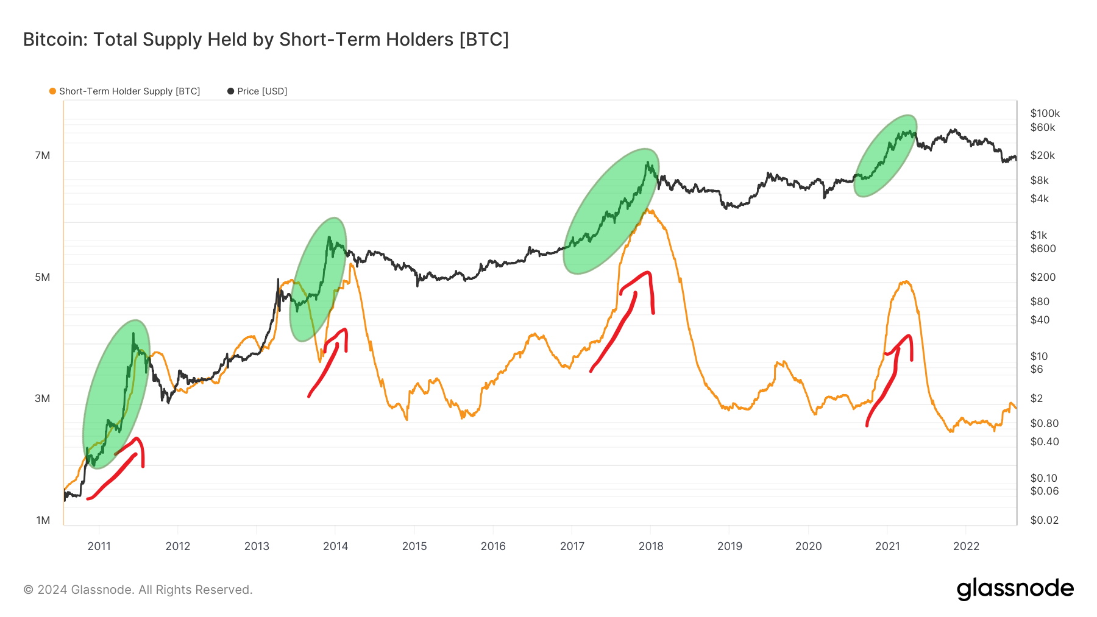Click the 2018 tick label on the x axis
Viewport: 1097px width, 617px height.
(650, 546)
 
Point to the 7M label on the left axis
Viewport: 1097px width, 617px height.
(43, 155)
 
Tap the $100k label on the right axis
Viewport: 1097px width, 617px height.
(1045, 113)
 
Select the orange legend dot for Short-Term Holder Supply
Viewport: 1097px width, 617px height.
(52, 91)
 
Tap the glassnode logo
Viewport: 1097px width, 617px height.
(1015, 589)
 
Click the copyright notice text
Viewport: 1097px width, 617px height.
(138, 590)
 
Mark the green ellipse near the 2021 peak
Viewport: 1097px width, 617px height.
(885, 156)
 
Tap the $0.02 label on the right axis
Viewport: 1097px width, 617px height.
(1044, 520)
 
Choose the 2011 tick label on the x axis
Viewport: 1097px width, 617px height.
(99, 546)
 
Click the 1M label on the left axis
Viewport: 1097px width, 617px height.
(43, 520)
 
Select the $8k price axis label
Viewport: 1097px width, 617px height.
(1039, 180)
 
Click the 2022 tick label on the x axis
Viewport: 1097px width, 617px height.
(966, 546)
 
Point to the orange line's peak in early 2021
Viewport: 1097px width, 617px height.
(906, 281)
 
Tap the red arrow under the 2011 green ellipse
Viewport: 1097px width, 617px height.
(116, 475)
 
